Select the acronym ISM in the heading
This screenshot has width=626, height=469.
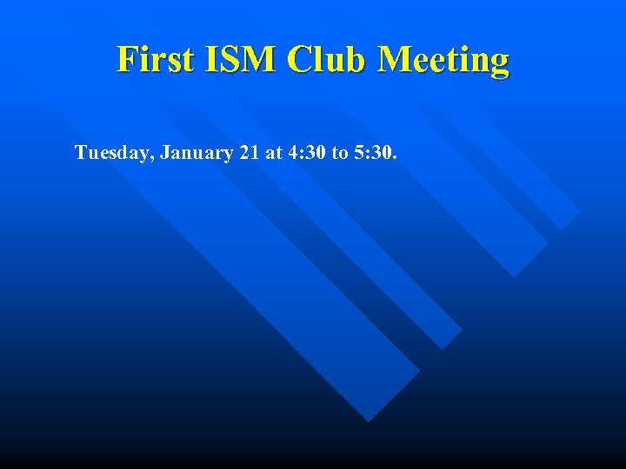pos(236,60)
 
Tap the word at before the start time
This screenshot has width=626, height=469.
pos(275,153)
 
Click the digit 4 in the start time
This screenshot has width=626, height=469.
pos(293,153)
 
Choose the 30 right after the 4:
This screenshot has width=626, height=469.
pos(315,153)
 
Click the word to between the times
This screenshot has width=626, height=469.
pos(340,153)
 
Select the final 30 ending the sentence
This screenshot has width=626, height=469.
pos(380,153)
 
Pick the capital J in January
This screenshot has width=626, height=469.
pos(165,153)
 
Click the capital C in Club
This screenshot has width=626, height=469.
pos(298,60)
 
